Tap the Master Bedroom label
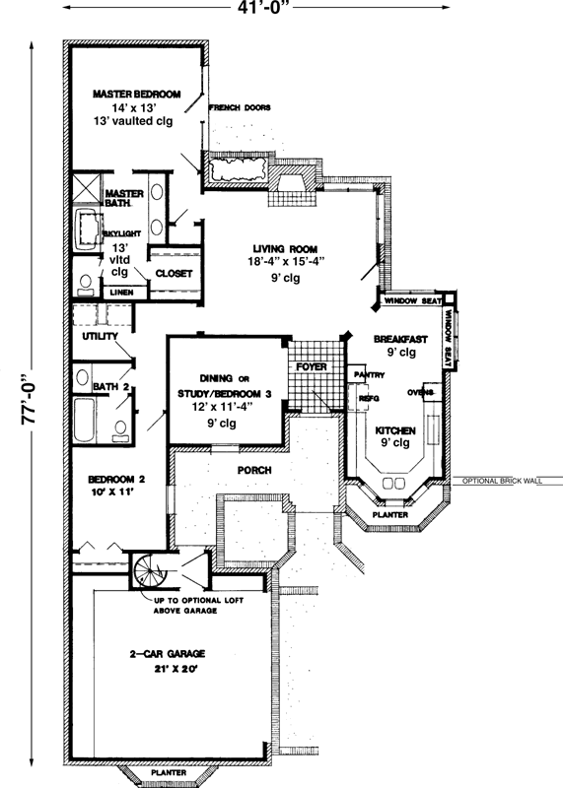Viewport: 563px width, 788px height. pyautogui.click(x=137, y=94)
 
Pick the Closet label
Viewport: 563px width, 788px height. pyautogui.click(x=174, y=274)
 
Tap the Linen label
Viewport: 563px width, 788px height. pyautogui.click(x=122, y=293)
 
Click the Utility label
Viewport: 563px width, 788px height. pyautogui.click(x=100, y=337)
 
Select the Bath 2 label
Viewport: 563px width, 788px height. pyautogui.click(x=112, y=388)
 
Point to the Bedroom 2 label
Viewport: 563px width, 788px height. pyautogui.click(x=115, y=480)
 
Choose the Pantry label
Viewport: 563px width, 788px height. pyautogui.click(x=369, y=375)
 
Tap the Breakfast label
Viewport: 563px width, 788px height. pyautogui.click(x=397, y=339)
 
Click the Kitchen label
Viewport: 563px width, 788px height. pyautogui.click(x=393, y=431)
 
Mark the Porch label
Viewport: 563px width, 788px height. pyautogui.click(x=253, y=470)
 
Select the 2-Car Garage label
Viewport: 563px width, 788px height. pyautogui.click(x=167, y=655)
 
